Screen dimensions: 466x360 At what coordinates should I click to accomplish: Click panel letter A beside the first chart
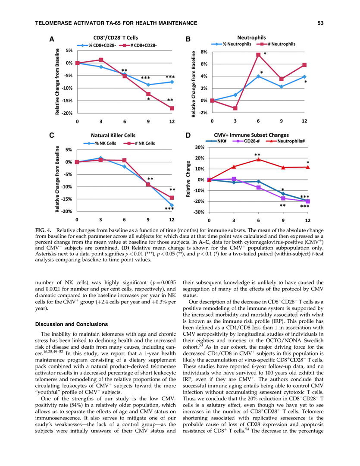tap(51, 39)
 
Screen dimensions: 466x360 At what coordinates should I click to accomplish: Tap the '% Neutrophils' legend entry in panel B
tap(234, 44)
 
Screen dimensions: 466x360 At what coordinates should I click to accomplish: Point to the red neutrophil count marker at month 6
tap(258, 55)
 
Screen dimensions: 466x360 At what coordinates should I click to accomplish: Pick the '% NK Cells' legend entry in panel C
tap(102, 143)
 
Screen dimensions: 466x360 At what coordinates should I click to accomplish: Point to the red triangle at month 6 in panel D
tap(258, 159)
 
